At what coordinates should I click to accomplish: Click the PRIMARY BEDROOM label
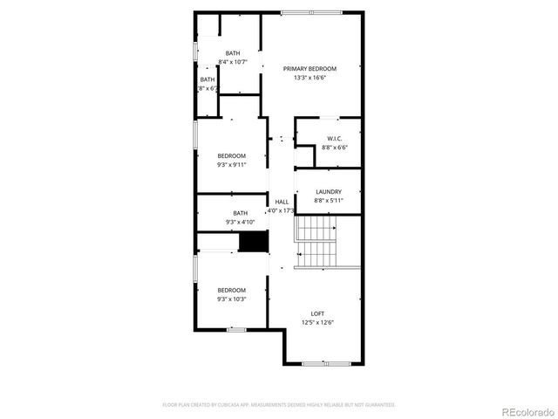coord(310,68)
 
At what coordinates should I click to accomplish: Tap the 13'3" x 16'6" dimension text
coord(310,78)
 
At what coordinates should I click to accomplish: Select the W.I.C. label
coord(334,139)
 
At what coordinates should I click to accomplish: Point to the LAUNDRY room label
coord(329,192)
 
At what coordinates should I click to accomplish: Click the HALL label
coord(282,202)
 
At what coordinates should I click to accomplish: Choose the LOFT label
coord(317,314)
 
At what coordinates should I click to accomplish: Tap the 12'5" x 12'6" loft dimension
coord(317,323)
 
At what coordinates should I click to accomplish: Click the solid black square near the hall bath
coord(253,243)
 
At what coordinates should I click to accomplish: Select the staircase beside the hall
coord(316,242)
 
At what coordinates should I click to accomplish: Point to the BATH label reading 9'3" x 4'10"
coord(240,213)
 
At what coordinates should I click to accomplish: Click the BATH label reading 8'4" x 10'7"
coord(233,53)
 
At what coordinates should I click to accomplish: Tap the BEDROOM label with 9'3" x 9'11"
coord(232,155)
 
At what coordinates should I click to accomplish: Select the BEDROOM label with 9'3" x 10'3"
coord(232,290)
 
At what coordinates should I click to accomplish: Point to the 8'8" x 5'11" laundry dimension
coord(329,201)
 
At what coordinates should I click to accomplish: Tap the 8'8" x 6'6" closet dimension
coord(334,148)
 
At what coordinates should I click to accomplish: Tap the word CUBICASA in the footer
coord(238,405)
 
